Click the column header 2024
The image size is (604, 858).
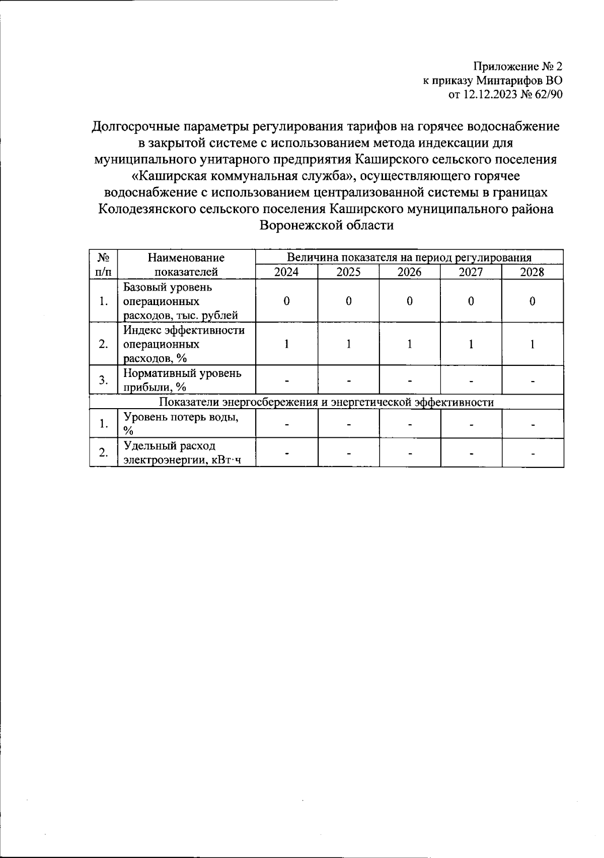(286, 272)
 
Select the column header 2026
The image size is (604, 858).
(409, 272)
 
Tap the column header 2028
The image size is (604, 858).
(532, 272)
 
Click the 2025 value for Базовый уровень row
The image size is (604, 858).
(348, 301)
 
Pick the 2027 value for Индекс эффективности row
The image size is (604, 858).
(471, 344)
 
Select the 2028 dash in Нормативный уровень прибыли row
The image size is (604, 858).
(533, 380)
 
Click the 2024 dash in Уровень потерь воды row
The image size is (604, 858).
(286, 424)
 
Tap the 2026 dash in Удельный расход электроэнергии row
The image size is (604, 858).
(410, 453)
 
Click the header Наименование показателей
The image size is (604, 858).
(186, 265)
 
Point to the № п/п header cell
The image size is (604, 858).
(103, 265)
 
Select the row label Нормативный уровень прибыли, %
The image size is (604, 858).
(182, 380)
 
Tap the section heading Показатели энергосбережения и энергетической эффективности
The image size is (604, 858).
(326, 402)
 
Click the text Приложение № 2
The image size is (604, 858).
(517, 66)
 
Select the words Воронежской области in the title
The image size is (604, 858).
(326, 225)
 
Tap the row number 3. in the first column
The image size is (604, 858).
(103, 380)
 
